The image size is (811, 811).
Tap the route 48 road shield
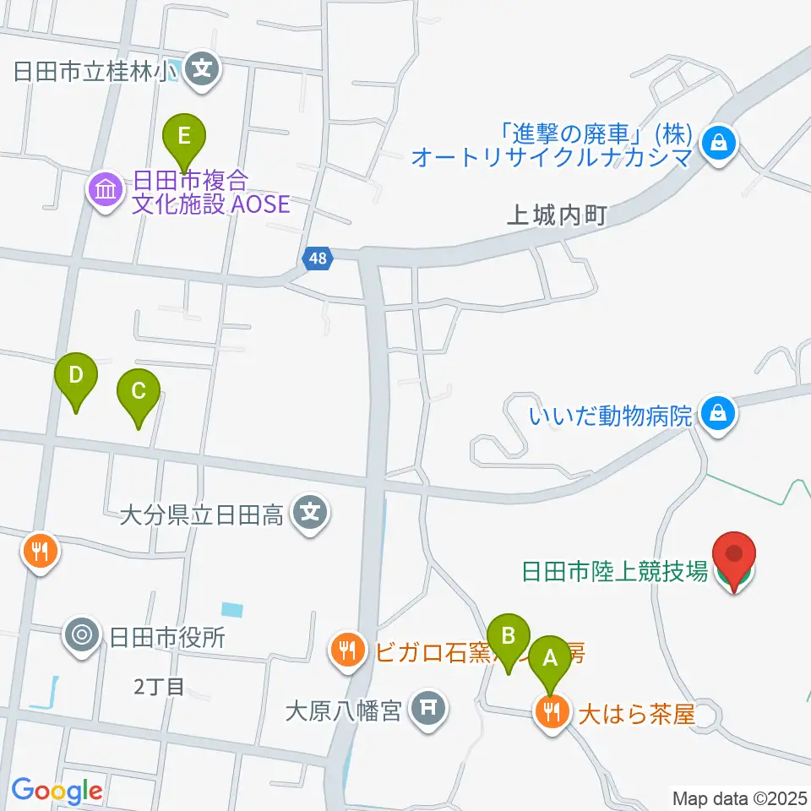(317, 259)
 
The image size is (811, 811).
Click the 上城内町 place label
(557, 216)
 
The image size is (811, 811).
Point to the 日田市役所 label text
(167, 636)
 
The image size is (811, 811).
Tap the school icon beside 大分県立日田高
(311, 512)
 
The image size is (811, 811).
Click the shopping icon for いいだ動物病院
(717, 414)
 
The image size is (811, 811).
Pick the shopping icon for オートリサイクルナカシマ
(717, 144)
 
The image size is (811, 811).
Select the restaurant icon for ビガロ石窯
(347, 651)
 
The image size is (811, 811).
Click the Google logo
(57, 790)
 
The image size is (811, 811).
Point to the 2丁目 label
(159, 686)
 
